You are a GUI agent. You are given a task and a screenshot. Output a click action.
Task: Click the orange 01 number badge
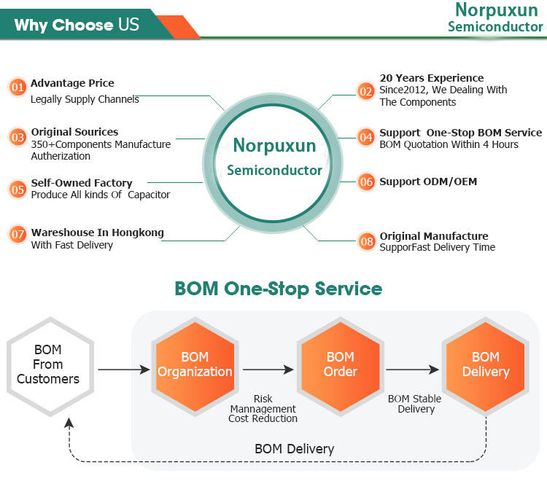click(x=18, y=87)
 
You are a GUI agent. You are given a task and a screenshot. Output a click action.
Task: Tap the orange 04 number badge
click(x=366, y=137)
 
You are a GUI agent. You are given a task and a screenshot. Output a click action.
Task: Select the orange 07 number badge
click(x=18, y=234)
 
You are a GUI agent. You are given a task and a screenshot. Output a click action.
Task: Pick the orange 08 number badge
click(x=367, y=241)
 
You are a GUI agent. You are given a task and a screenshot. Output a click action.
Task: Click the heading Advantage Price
click(x=72, y=83)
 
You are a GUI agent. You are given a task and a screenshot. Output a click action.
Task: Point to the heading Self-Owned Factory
click(x=82, y=183)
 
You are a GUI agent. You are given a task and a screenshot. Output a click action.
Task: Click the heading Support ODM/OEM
click(x=428, y=181)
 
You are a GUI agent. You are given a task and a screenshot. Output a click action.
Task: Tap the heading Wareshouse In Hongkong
click(x=97, y=233)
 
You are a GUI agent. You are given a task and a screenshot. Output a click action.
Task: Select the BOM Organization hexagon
click(x=195, y=366)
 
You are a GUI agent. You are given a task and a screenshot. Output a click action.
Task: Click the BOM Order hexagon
click(x=340, y=366)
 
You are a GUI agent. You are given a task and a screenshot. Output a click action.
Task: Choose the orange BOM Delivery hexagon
click(x=486, y=366)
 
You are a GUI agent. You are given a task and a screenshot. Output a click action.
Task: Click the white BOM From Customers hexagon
click(x=50, y=366)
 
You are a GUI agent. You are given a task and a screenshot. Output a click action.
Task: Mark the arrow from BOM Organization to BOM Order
click(x=268, y=370)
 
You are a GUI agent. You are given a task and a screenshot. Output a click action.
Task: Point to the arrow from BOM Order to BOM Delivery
click(x=412, y=370)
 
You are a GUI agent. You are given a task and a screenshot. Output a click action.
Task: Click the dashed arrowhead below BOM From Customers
click(x=69, y=422)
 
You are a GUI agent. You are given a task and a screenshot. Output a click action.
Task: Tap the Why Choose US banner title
click(x=77, y=25)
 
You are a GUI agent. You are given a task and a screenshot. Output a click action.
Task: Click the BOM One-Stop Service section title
click(x=279, y=289)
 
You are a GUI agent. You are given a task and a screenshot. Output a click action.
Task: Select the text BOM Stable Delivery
click(x=415, y=403)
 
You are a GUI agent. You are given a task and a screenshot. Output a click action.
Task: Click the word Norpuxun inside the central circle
click(x=274, y=145)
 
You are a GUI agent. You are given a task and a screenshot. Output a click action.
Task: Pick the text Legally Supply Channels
click(x=85, y=99)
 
